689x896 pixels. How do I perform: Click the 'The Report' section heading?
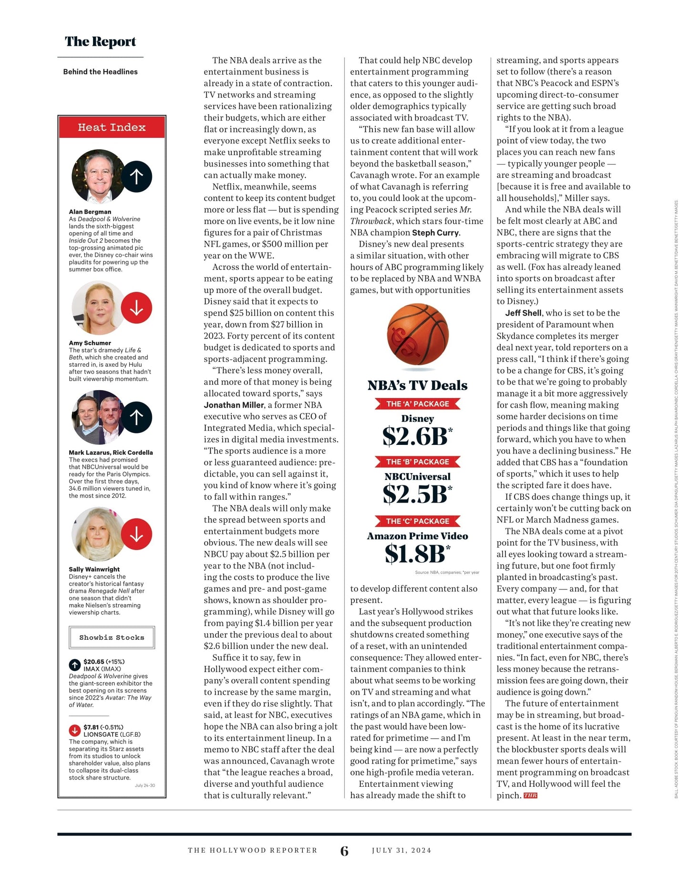point(100,42)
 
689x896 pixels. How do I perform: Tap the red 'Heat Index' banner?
point(112,127)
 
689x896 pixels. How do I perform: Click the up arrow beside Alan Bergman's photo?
point(136,176)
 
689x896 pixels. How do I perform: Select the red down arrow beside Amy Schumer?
point(136,308)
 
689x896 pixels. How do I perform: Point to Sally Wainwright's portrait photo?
point(99,534)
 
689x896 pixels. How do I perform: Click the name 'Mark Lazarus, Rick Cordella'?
point(111,453)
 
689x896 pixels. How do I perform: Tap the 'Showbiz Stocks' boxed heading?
point(112,638)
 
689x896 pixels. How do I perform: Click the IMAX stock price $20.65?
point(94,661)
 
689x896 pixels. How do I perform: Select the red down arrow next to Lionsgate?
point(74,730)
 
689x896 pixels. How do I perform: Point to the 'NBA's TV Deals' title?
point(417,385)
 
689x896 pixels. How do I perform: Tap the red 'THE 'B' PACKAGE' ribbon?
point(417,462)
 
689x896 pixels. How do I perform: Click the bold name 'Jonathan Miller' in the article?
point(234,405)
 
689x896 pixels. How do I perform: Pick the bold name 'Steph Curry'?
point(435,233)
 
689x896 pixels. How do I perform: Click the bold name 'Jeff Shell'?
point(523,313)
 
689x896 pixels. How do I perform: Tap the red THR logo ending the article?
point(530,795)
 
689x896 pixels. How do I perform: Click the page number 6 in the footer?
point(344,851)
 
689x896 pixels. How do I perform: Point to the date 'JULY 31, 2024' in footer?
point(401,850)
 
